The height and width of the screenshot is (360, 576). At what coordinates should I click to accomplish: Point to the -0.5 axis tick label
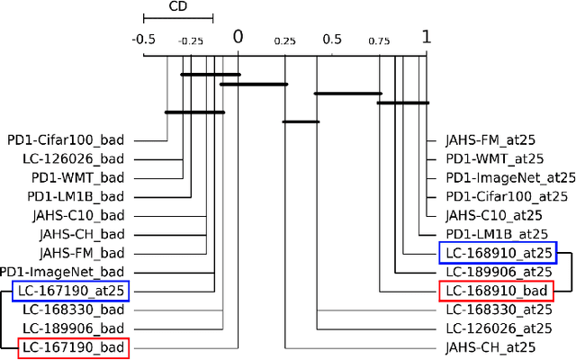point(142,40)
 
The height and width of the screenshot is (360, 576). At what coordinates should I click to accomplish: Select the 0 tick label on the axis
point(238,37)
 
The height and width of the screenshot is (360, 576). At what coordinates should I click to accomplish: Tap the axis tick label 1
point(427,37)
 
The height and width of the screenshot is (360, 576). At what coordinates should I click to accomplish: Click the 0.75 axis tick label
point(379,40)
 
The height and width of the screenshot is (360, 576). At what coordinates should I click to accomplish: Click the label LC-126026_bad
point(74,159)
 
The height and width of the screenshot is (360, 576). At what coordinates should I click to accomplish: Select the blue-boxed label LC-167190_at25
point(71,290)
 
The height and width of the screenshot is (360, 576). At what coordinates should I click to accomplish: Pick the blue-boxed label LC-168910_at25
point(498,252)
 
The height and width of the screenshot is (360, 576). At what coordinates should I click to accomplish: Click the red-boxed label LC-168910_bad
point(496,290)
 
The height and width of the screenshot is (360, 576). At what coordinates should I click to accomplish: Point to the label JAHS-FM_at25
point(491,140)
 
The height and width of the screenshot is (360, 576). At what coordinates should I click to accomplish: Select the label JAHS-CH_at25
point(491,346)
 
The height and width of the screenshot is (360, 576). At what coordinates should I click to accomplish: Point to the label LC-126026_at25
point(499,328)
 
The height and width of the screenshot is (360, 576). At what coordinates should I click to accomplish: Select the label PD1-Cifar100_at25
point(508,196)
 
